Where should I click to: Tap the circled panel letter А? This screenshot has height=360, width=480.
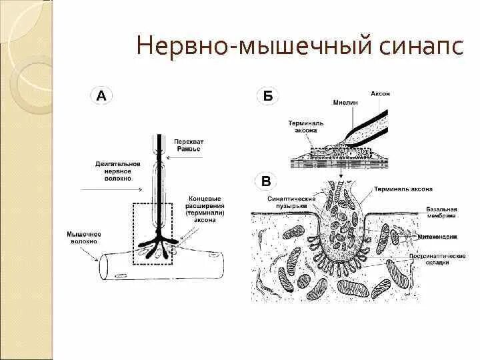(101, 95)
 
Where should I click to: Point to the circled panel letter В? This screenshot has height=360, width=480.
(266, 180)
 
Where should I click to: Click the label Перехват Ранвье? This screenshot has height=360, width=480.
(189, 145)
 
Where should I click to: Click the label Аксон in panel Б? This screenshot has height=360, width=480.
(381, 94)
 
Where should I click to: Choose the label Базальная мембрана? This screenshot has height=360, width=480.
(441, 212)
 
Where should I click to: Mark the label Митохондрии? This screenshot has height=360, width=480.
(442, 235)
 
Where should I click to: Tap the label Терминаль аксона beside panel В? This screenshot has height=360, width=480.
(403, 189)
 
